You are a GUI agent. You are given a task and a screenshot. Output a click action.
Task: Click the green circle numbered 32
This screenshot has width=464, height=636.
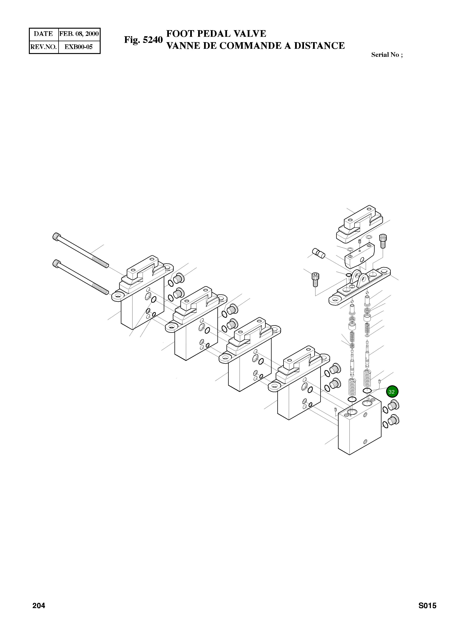tap(392, 392)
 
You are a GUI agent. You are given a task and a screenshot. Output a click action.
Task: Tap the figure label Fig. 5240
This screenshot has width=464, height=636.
tap(143, 40)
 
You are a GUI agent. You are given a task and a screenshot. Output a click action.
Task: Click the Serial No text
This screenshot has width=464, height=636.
tap(386, 55)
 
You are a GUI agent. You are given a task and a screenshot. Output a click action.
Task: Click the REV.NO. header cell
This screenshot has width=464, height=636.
tap(43, 47)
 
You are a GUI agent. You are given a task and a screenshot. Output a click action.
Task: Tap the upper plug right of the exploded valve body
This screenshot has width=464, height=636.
tap(394, 405)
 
